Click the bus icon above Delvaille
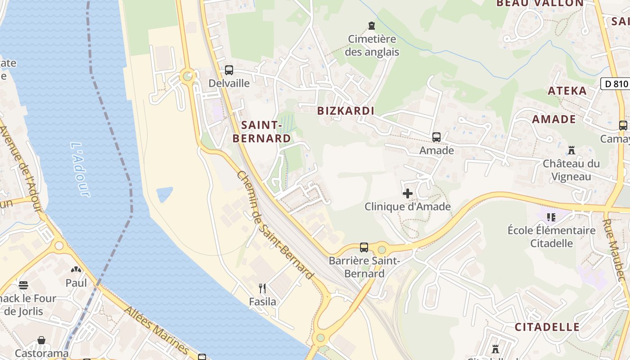tap(229, 70)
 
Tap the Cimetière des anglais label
tap(372, 45)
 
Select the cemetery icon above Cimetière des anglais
tap(372, 25)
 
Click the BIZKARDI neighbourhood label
tap(346, 111)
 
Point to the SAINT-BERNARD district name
tap(261, 131)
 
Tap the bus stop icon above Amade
tap(436, 137)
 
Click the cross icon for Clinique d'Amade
tap(408, 193)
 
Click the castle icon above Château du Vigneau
tap(571, 150)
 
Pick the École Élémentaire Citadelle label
tap(552, 237)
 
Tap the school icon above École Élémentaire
tap(551, 218)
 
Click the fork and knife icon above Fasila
tap(262, 288)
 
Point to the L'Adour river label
tap(80, 170)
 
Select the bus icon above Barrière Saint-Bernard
tap(364, 247)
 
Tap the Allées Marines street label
tap(156, 330)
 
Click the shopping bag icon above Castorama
tap(41, 340)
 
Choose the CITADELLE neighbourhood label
tap(547, 327)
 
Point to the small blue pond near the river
tap(164, 194)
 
